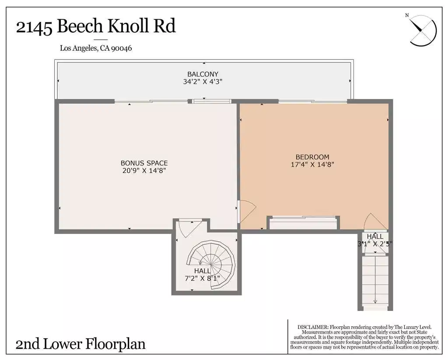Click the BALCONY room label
203,74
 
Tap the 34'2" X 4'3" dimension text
203,82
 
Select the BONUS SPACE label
144,163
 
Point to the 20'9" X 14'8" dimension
144,171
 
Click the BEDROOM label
312,157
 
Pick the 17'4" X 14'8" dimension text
312,164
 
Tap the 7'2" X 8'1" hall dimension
203,278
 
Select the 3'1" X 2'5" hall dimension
375,244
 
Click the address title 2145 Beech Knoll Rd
96,26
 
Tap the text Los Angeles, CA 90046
96,48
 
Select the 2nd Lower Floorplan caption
80,344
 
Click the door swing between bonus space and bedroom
247,211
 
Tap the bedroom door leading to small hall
375,221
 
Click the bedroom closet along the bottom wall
303,223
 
